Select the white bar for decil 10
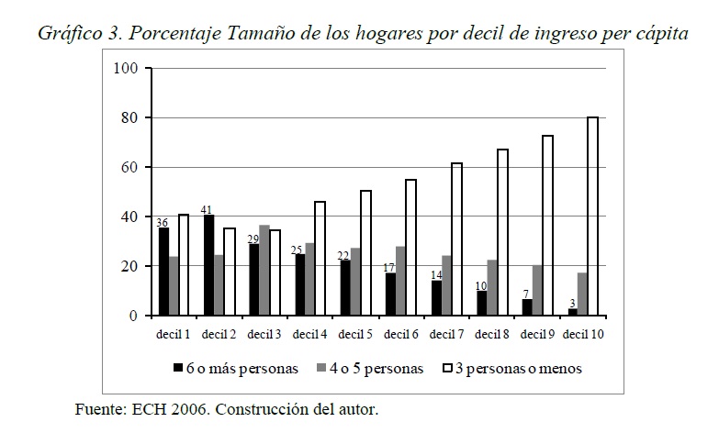pos(593,216)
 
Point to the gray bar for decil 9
pos(536,291)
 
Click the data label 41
pos(208,209)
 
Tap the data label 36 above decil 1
pos(163,222)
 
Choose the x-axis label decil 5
pos(355,333)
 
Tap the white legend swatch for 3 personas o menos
pos(449,368)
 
